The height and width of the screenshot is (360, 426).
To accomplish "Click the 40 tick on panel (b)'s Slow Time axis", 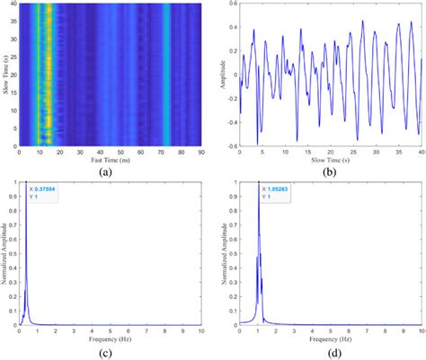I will (421, 151).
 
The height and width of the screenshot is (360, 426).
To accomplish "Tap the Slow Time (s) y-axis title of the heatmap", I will (4, 75).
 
